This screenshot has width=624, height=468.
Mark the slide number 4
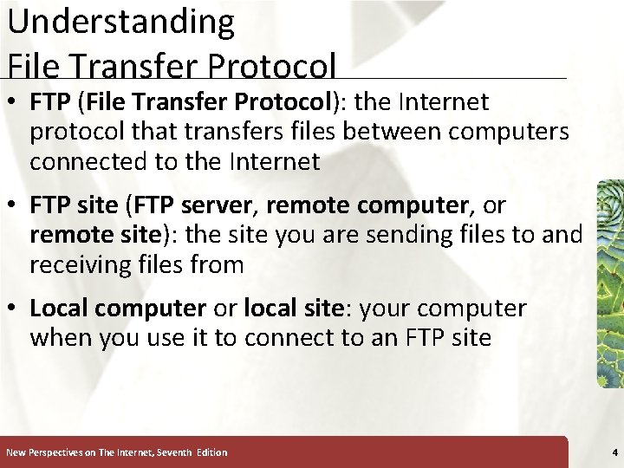click(x=614, y=452)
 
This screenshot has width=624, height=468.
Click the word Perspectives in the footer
click(x=61, y=452)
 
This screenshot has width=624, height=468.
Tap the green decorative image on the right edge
click(x=611, y=282)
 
